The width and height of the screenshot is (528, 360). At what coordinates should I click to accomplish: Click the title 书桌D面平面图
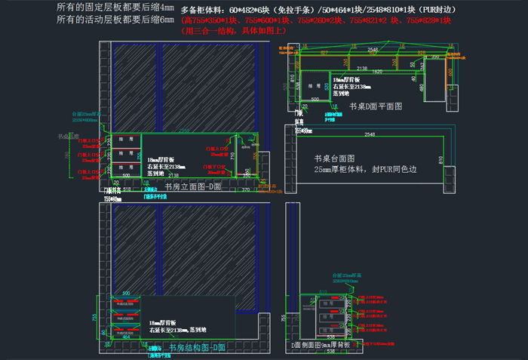(x=376, y=106)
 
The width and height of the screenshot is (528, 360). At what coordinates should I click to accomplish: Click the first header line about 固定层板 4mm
(x=115, y=8)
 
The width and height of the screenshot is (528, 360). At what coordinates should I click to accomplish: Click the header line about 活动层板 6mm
(x=115, y=20)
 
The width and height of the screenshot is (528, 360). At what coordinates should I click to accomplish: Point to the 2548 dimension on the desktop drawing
(x=370, y=134)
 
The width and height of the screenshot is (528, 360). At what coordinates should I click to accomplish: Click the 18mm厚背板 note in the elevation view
(x=160, y=160)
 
